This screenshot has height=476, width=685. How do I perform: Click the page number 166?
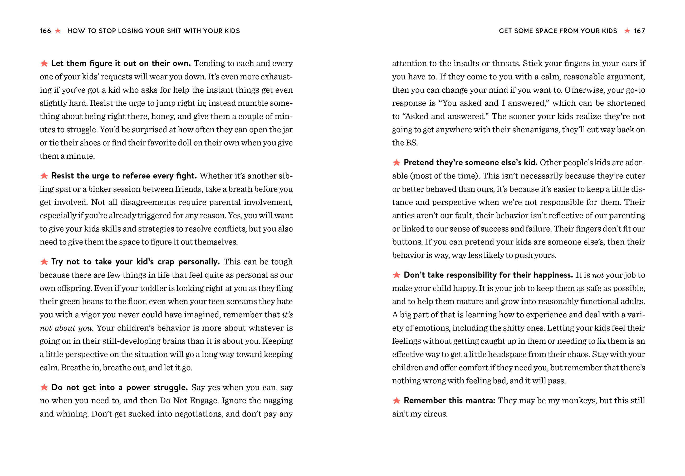click(x=45, y=31)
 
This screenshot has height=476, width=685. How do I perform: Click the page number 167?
click(x=639, y=31)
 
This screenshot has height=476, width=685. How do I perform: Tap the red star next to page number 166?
click(x=58, y=31)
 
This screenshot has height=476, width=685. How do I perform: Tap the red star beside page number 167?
click(x=627, y=31)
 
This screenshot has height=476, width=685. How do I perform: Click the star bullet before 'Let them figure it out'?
click(x=44, y=63)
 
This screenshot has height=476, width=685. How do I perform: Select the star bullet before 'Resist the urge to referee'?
click(x=44, y=176)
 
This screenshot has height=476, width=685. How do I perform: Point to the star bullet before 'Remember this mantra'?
click(x=397, y=400)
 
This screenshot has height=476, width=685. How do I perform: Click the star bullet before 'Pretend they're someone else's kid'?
click(x=397, y=162)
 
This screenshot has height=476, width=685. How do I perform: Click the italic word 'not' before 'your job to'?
click(x=598, y=275)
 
